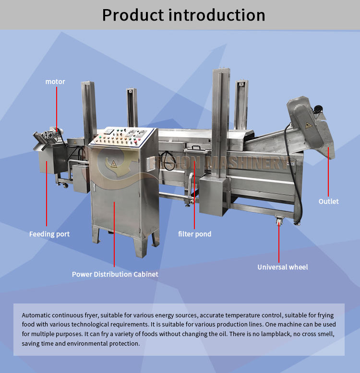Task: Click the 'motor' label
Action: pos(55,82)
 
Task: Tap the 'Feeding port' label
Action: pos(49,234)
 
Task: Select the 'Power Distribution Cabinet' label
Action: pos(115,274)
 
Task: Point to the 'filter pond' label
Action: pos(194,234)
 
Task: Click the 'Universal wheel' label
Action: pos(283,267)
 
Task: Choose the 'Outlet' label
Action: pos(328,201)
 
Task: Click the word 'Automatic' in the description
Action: pos(36,315)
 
